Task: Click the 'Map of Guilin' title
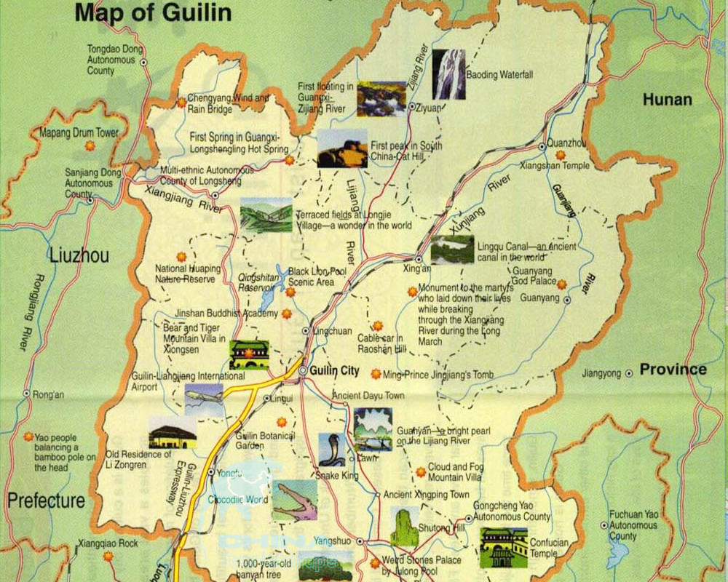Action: tap(153, 12)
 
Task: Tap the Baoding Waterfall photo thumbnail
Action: tap(448, 74)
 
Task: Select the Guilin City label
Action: tap(334, 370)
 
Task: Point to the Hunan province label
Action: tap(666, 100)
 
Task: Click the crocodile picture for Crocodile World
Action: tap(295, 500)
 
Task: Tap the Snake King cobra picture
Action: tap(331, 450)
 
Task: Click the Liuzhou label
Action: tap(79, 255)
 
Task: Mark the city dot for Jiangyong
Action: tap(629, 373)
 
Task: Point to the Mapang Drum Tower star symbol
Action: tap(90, 145)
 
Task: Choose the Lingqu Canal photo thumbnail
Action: tap(451, 250)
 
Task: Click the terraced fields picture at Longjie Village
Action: tap(266, 215)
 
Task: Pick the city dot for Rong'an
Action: tap(27, 394)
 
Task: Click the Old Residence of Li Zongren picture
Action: tap(173, 434)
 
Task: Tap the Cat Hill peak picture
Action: tap(342, 148)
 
